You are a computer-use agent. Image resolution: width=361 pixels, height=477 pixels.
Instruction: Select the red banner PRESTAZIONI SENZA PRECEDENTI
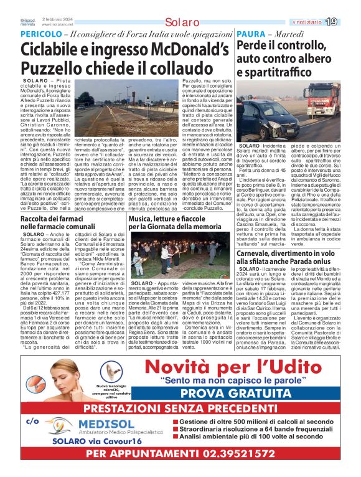180,407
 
